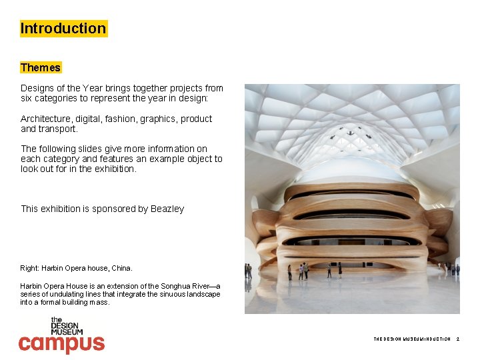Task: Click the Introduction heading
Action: pyautogui.click(x=63, y=29)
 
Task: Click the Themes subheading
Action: pyautogui.click(x=41, y=67)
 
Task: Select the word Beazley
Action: pyautogui.click(x=167, y=209)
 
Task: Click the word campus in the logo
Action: pyautogui.click(x=61, y=343)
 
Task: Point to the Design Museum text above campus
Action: pyautogui.click(x=67, y=326)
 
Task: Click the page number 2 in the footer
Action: pyautogui.click(x=458, y=339)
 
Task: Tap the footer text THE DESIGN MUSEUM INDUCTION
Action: pyautogui.click(x=411, y=339)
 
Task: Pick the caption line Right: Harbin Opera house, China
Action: pyautogui.click(x=77, y=268)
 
